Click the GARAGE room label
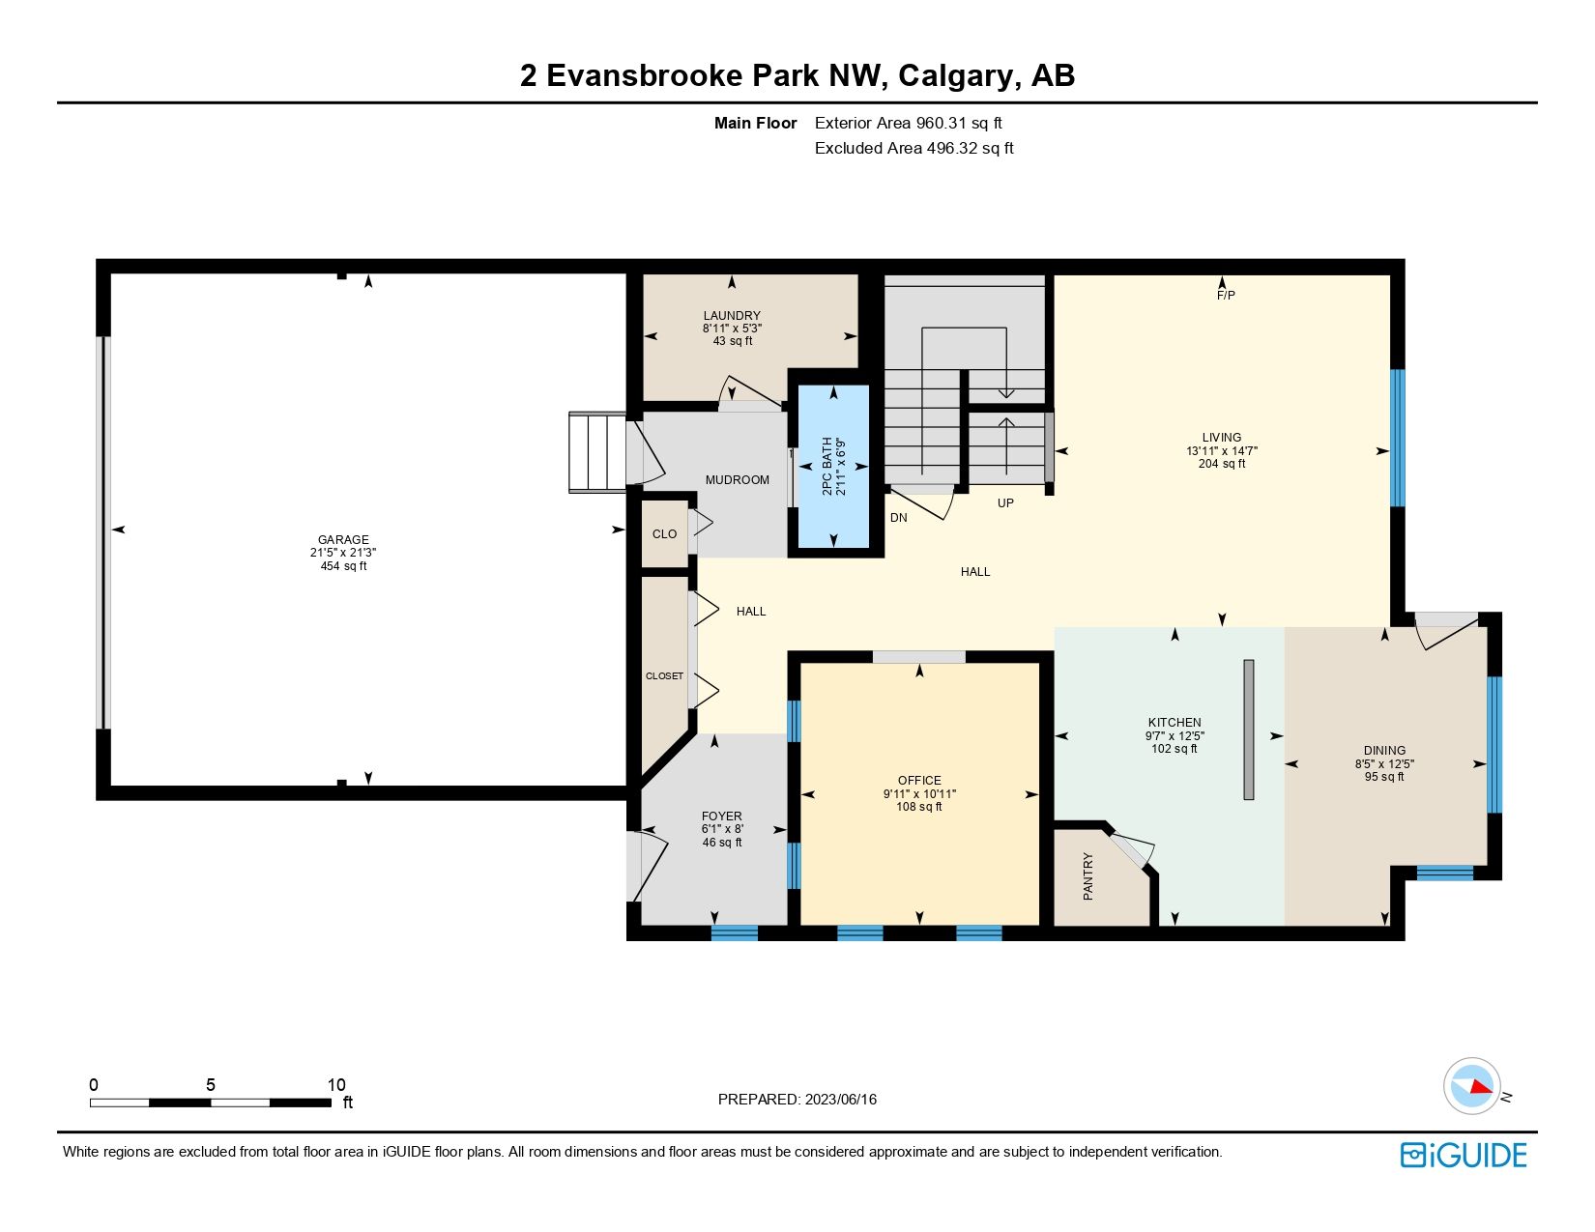(343, 540)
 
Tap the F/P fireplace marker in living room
(1225, 296)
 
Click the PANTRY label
(1088, 876)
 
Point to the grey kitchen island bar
(1248, 730)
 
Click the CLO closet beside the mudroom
(664, 534)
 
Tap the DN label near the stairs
(898, 518)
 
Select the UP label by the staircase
(1005, 503)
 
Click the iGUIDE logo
(1464, 1155)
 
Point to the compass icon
(1471, 1086)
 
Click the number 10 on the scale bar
(335, 1085)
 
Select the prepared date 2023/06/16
(840, 1100)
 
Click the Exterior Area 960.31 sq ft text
(908, 123)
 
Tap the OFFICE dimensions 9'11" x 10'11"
(918, 794)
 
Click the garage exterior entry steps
(597, 452)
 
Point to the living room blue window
(1397, 438)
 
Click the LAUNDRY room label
(732, 316)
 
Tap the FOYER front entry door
(647, 867)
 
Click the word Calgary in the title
(954, 75)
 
